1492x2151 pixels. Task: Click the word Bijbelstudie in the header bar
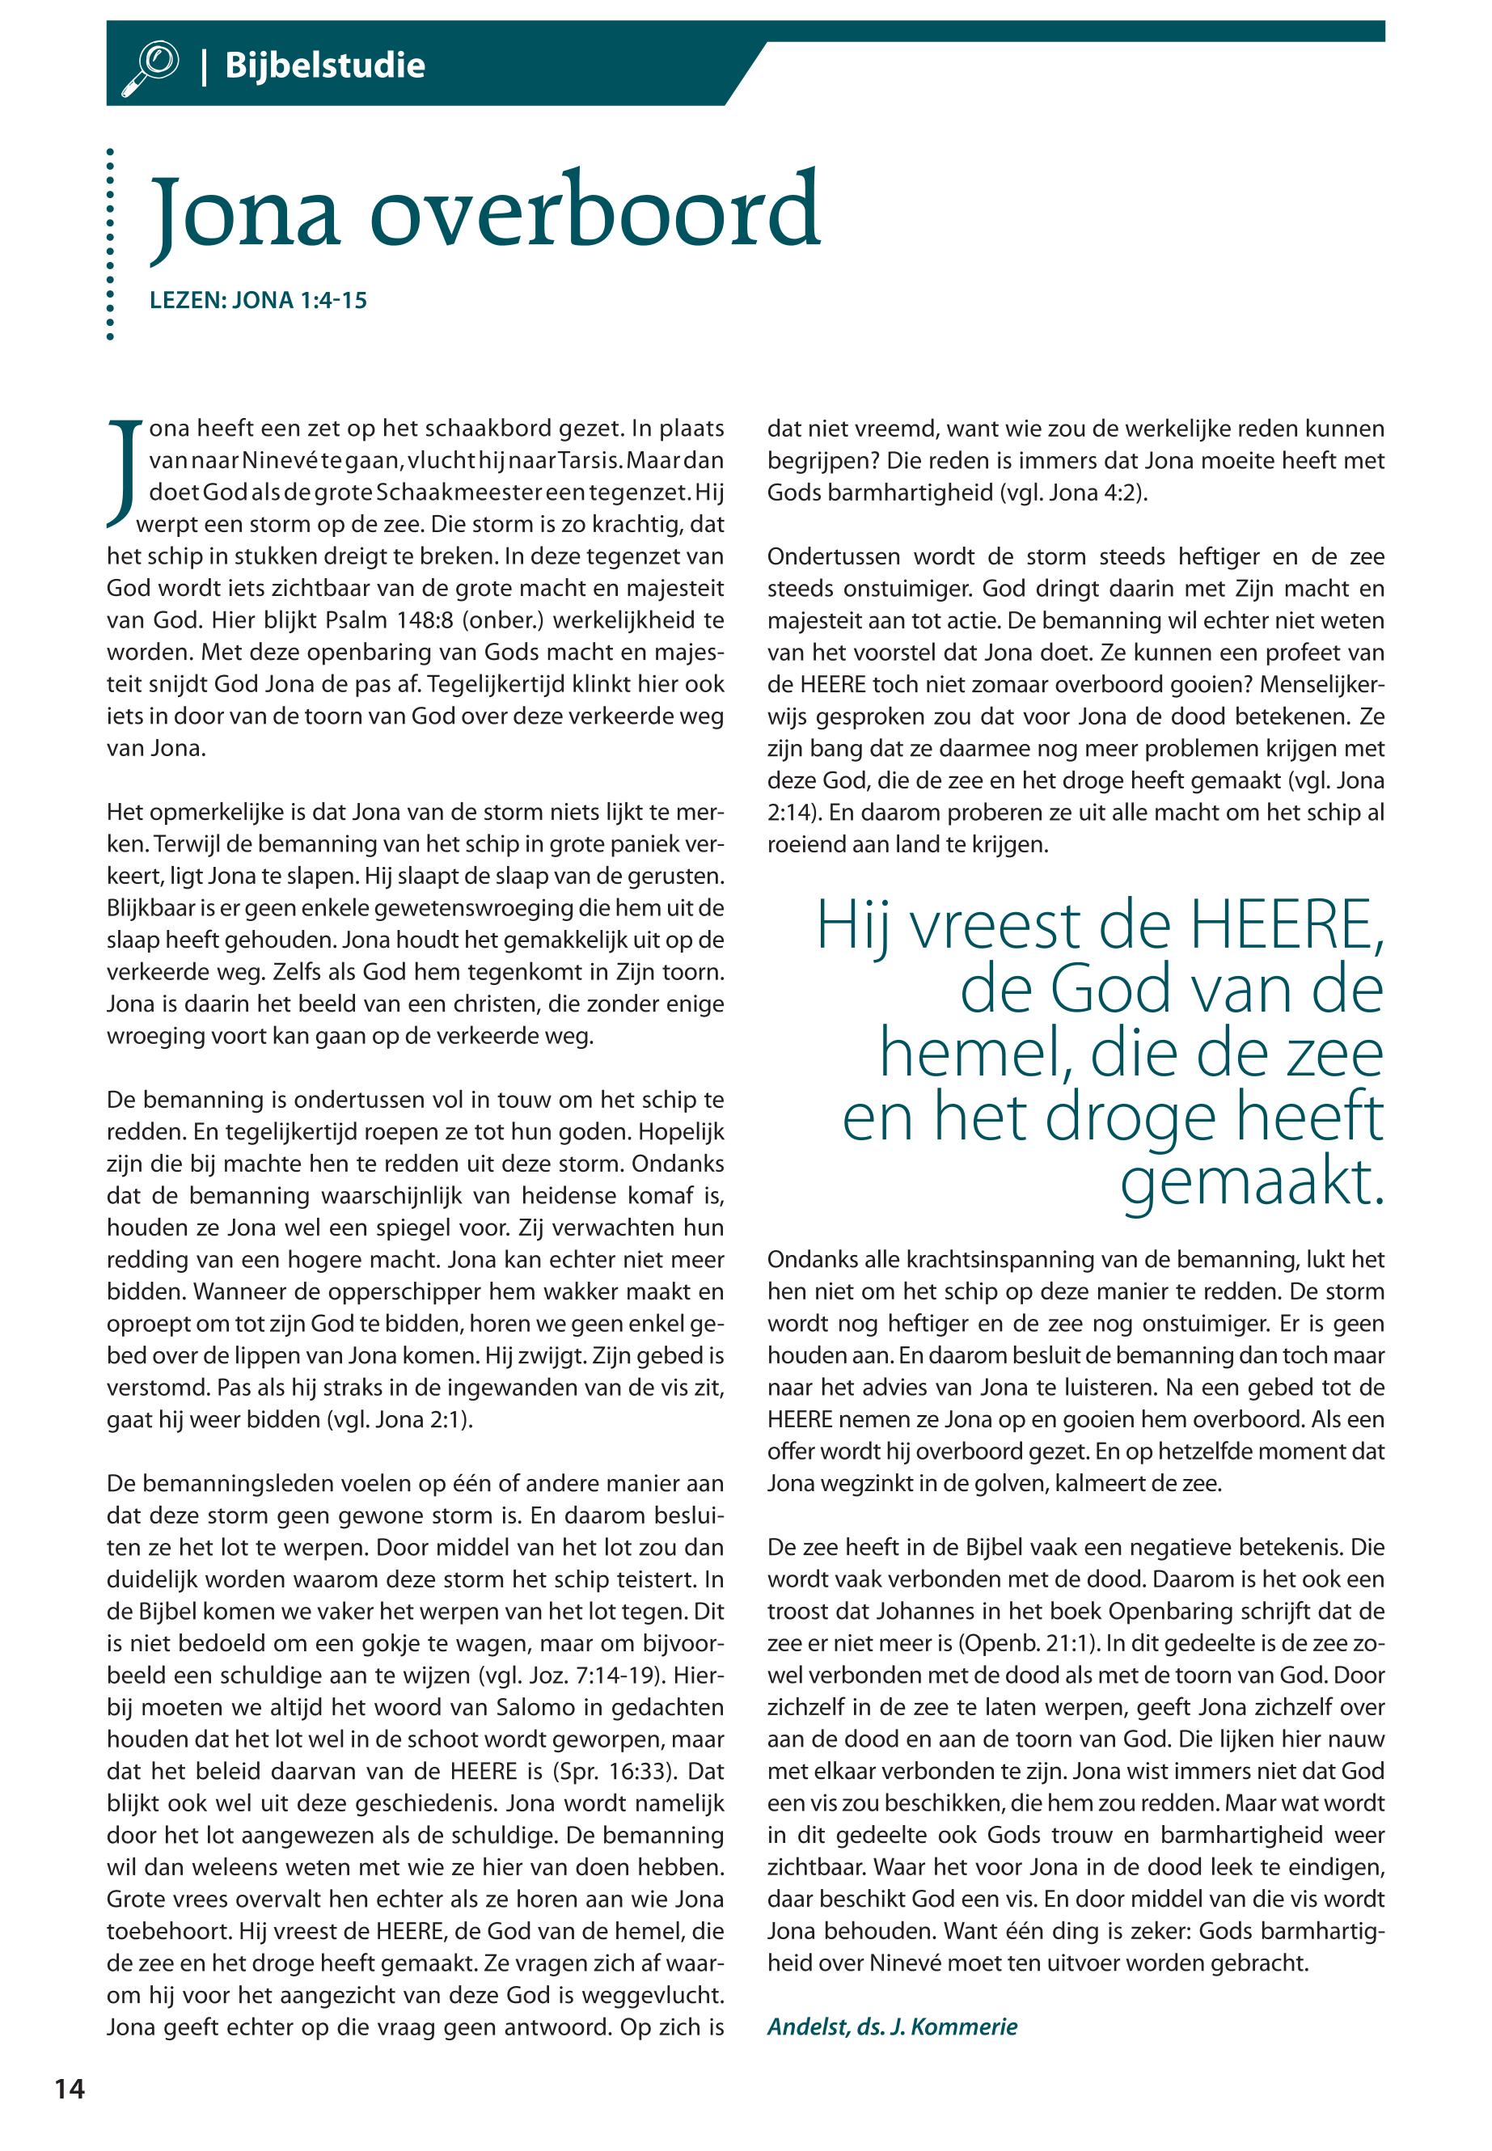[x=324, y=66]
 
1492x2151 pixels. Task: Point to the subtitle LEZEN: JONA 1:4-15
[x=258, y=300]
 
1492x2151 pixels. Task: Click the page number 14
[x=70, y=2089]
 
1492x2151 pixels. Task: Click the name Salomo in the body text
[x=532, y=1707]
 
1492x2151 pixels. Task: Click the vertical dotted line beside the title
[x=110, y=243]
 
